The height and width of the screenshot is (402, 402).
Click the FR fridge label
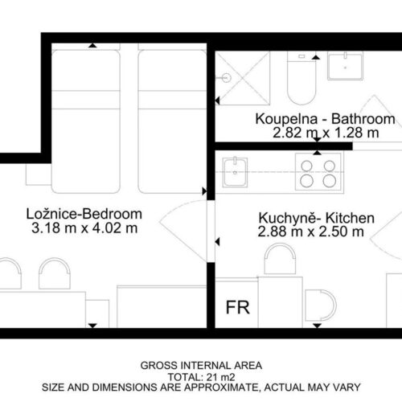238,307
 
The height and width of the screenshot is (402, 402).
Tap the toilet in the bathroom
301,78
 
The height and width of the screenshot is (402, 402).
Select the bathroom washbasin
346,66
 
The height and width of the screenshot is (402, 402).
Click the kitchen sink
235,172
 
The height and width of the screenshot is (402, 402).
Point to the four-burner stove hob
319,172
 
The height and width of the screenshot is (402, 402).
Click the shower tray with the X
243,78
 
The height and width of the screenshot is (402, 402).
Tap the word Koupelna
286,119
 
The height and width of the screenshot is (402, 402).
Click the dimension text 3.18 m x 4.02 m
84,228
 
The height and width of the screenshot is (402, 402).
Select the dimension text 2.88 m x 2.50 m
311,232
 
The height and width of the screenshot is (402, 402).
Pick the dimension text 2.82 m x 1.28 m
326,133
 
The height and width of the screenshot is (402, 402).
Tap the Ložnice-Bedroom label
84,214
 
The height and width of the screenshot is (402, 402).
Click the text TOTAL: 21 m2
202,377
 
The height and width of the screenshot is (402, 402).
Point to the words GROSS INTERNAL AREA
201,366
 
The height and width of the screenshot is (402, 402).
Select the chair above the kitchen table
281,259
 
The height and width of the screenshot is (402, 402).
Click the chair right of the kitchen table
321,305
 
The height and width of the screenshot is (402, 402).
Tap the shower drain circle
227,78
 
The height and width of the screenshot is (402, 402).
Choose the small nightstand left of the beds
39,174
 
